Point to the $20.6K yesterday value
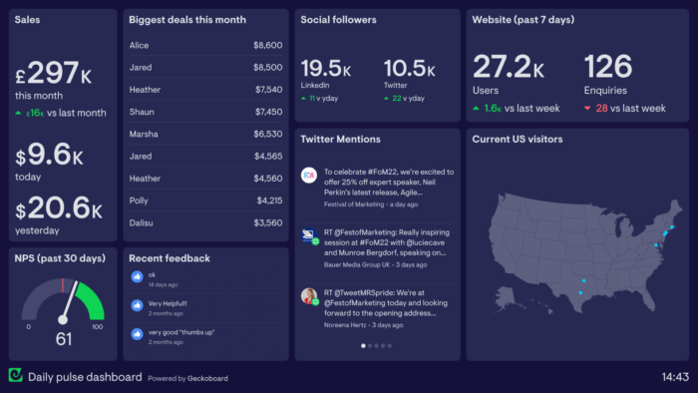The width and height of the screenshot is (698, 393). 59,208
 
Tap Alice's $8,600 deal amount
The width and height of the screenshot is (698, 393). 267,45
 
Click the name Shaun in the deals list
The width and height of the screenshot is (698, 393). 142,112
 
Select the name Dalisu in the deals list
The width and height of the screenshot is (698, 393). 143,222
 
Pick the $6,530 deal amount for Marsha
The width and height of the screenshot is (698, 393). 267,134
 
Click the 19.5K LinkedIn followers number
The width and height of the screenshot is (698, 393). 326,69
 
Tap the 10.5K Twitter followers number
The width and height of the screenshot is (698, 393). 409,69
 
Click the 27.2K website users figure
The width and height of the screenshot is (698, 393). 509,68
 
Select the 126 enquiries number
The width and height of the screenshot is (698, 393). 608,68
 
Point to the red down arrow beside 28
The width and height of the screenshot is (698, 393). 588,108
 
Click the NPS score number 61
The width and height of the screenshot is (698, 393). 63,339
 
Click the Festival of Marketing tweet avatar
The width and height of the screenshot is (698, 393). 309,176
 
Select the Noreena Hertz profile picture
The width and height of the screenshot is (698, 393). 309,295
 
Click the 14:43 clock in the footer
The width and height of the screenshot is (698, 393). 675,377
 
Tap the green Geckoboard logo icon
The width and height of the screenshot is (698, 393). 15,376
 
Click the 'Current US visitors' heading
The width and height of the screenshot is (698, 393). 517,139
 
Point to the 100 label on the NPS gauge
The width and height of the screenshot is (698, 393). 97,326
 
